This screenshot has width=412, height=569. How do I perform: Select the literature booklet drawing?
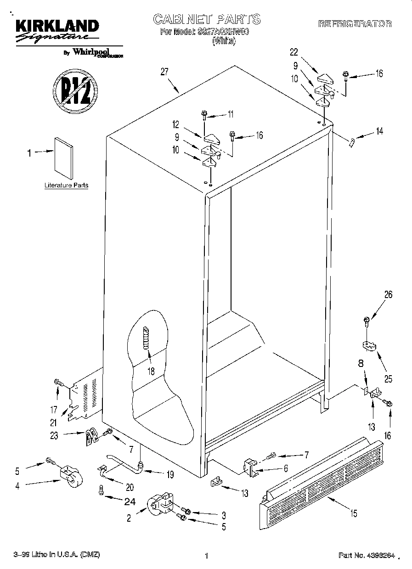tap(63, 158)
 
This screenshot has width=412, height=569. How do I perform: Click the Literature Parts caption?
tap(66, 186)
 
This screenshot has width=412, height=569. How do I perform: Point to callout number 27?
tap(164, 72)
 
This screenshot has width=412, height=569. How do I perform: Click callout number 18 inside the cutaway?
tap(151, 371)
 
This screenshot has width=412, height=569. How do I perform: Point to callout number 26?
tap(388, 295)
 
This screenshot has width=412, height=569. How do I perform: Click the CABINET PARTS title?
tap(206, 19)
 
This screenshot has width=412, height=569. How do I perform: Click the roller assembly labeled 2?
tap(159, 504)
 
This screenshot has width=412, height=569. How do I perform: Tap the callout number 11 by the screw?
tap(231, 114)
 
